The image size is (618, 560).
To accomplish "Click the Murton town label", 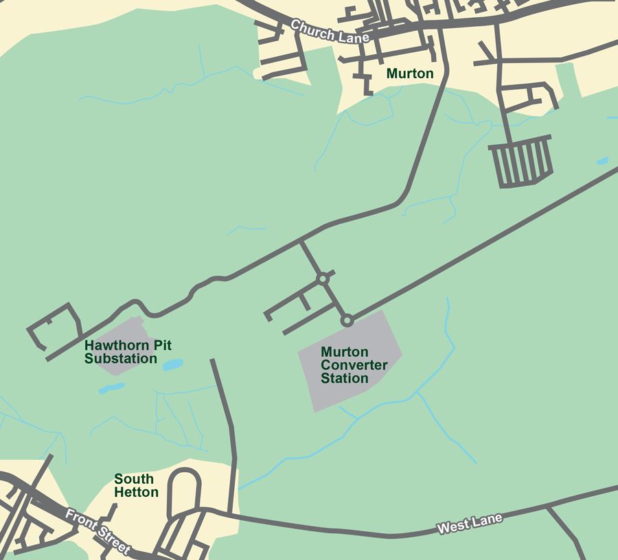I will click(x=410, y=73).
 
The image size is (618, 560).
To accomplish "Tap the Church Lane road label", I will click(x=330, y=32).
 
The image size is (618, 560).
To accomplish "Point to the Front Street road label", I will click(x=98, y=530).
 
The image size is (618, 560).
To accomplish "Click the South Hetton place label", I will click(x=136, y=485).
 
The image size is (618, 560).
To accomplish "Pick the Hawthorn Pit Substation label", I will click(x=121, y=351).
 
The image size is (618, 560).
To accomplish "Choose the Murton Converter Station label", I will click(x=354, y=365).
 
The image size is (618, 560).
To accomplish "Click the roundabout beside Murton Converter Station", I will click(x=347, y=320).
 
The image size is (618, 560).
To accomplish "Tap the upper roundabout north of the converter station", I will click(x=323, y=279).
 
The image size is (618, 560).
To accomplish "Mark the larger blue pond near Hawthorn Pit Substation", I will click(x=173, y=364).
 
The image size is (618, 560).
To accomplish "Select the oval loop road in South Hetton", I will click(x=185, y=490).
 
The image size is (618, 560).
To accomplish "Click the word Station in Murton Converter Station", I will click(x=345, y=378).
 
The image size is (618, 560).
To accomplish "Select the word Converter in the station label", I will click(x=354, y=365).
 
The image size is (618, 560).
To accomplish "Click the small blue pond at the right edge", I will click(x=602, y=161).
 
